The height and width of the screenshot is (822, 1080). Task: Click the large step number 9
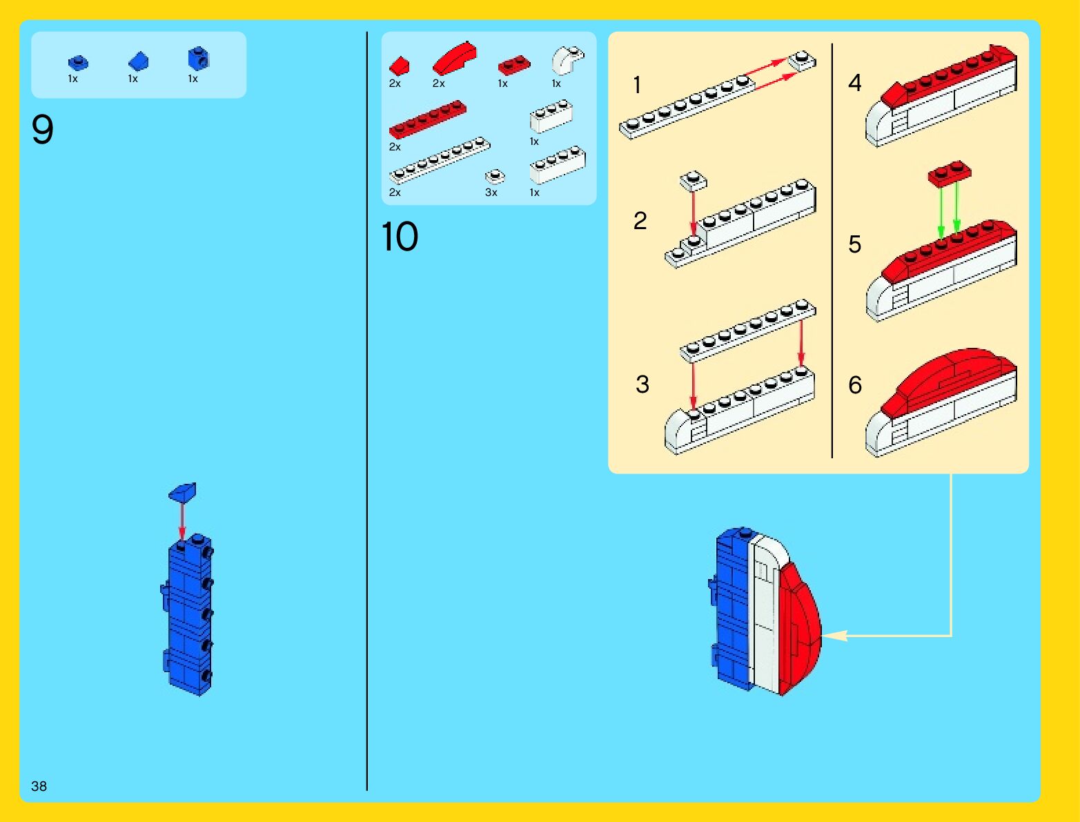[x=42, y=129]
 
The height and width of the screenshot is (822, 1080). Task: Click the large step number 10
[x=400, y=237]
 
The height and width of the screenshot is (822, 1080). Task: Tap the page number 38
[x=39, y=786]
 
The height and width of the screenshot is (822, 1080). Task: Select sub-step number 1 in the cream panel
[x=637, y=85]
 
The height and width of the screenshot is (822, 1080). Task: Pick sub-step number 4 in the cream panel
[x=854, y=83]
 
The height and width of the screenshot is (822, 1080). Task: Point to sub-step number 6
[x=855, y=384]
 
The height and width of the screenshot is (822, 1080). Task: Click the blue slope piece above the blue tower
[x=183, y=491]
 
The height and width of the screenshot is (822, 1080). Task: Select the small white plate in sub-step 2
[x=693, y=181]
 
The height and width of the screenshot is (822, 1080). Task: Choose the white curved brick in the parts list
[x=567, y=60]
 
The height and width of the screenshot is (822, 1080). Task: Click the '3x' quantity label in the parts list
[x=491, y=193]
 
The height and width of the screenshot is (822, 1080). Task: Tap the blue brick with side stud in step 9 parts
[x=198, y=58]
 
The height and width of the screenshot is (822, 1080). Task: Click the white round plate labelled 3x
[x=494, y=177]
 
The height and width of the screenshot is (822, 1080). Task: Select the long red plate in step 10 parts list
[x=427, y=119]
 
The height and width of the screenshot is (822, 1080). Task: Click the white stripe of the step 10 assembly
[x=765, y=614]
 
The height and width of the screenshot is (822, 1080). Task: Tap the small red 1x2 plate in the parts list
[x=514, y=65]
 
